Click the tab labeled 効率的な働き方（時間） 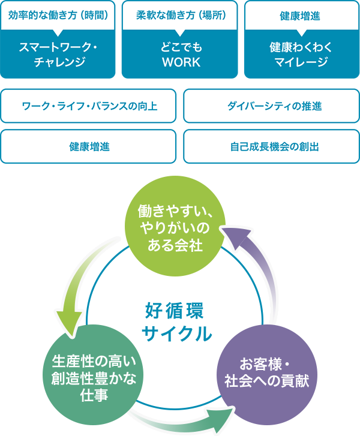coord(58,16)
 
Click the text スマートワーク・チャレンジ coord(58,54)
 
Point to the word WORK coord(181,62)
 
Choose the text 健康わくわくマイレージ coord(300,54)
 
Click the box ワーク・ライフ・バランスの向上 coord(89,106)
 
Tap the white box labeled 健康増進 coord(89,146)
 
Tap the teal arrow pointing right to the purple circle coord(180,419)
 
